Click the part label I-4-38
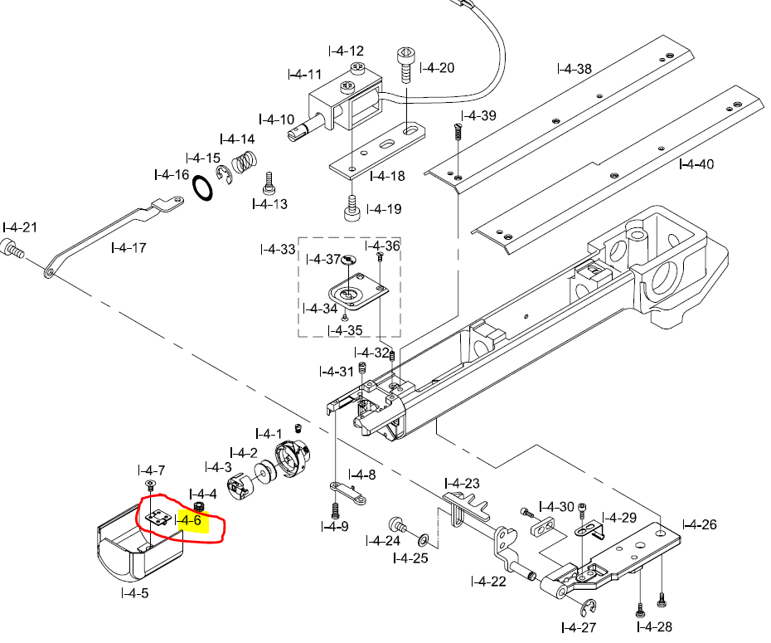coord(575,69)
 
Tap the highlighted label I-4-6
coord(190,520)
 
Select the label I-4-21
coord(20,227)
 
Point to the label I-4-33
coord(277,249)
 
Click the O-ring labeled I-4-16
coord(204,187)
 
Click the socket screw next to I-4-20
coord(406,64)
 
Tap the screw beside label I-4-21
coord(13,247)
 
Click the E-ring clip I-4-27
coord(591,606)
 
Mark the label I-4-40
coord(696,164)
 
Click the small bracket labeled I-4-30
coord(544,526)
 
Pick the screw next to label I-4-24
coord(397,526)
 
